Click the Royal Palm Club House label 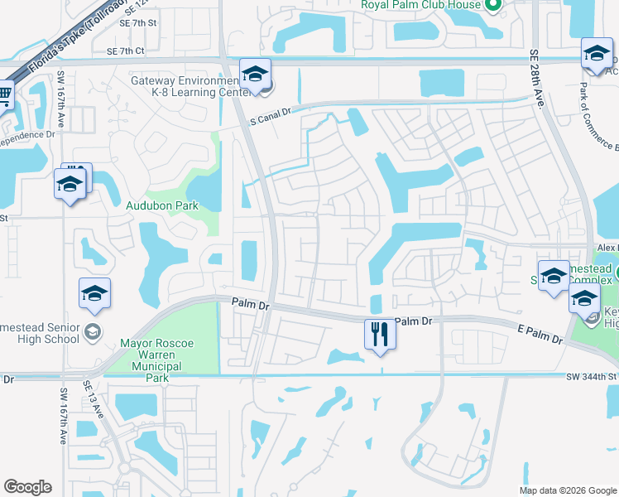420,4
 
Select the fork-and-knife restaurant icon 380,335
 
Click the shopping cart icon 4,96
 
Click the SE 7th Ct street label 126,51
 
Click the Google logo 27,487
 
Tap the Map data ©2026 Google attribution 568,490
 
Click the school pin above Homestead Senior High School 94,294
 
